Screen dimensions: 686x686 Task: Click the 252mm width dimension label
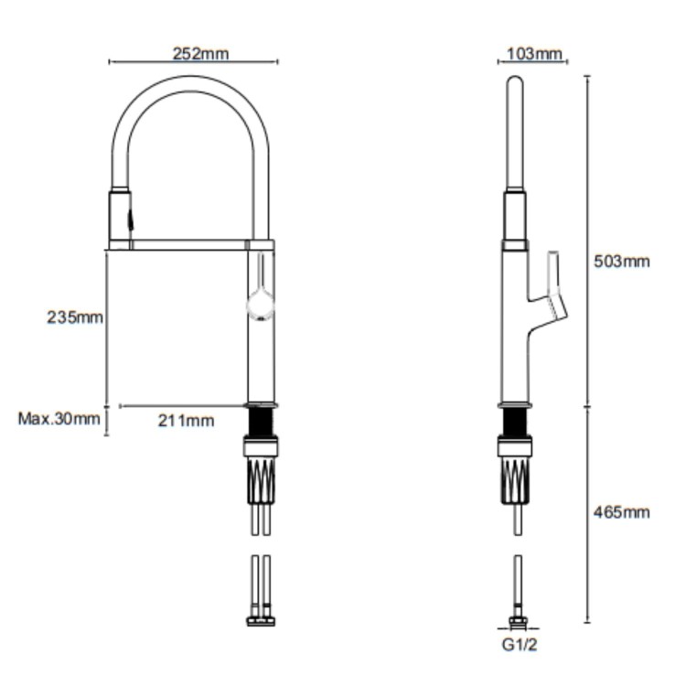point(200,53)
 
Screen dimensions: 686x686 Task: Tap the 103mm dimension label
point(533,53)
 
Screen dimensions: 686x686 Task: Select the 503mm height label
point(623,262)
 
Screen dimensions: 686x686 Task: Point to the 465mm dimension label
point(623,511)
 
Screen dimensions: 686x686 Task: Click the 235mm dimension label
point(75,317)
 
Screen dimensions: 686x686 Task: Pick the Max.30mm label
point(59,420)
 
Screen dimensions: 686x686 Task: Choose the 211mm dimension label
point(187,421)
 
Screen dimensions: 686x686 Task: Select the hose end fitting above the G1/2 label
point(517,622)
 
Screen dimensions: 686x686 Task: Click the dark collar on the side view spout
point(515,220)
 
